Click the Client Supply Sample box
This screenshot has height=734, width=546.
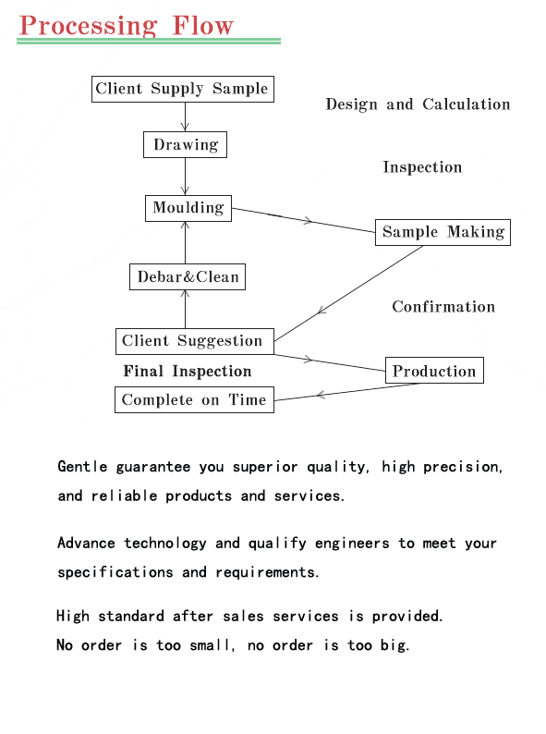tap(183, 89)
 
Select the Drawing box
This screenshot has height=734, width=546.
tap(185, 144)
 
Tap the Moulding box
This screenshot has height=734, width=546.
tap(188, 208)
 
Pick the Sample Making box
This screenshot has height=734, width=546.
tap(443, 232)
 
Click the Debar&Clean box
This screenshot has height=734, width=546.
tap(188, 276)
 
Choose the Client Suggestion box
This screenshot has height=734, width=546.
tap(195, 341)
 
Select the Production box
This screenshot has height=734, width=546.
tap(434, 371)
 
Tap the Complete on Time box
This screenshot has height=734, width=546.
tap(194, 399)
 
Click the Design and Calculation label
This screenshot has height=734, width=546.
tap(418, 104)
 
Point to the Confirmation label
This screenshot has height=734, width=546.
tap(443, 307)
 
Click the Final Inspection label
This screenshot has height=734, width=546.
tap(188, 372)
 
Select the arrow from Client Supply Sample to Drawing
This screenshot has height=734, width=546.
tap(185, 116)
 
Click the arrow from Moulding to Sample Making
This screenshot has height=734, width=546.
tap(303, 220)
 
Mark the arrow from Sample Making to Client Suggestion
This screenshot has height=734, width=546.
tap(348, 293)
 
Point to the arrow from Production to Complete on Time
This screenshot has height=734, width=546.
tap(346, 392)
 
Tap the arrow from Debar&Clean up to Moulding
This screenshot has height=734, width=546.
tap(185, 242)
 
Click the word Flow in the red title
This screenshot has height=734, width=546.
tap(202, 26)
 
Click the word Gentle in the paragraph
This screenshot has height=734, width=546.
tap(82, 467)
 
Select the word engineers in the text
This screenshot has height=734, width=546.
tap(352, 544)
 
